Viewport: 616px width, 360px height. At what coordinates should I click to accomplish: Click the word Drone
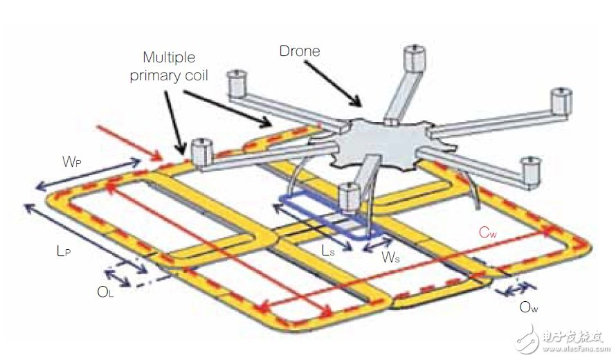[300, 51]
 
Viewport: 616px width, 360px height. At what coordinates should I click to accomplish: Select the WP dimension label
[71, 161]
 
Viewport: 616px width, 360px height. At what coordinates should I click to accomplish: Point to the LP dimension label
[64, 251]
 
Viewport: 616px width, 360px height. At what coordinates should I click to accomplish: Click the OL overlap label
[105, 292]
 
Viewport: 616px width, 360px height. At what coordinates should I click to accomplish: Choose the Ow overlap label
[528, 307]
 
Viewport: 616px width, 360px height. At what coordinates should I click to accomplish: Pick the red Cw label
[487, 233]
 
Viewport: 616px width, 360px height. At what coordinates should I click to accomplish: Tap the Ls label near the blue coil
[328, 251]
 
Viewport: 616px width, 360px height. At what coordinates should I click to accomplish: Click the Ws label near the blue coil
[390, 258]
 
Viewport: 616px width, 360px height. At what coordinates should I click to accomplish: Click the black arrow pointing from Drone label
[332, 84]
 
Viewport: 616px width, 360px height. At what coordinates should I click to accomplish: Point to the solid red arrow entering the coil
[129, 143]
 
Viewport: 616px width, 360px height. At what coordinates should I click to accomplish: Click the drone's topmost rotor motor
[415, 58]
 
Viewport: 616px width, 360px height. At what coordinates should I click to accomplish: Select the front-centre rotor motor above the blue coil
[350, 197]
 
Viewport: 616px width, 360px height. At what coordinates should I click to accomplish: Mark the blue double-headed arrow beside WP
[88, 174]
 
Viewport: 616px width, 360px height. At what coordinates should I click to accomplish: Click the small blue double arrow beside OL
[117, 278]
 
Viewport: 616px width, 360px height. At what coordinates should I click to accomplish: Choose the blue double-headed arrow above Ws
[377, 244]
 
